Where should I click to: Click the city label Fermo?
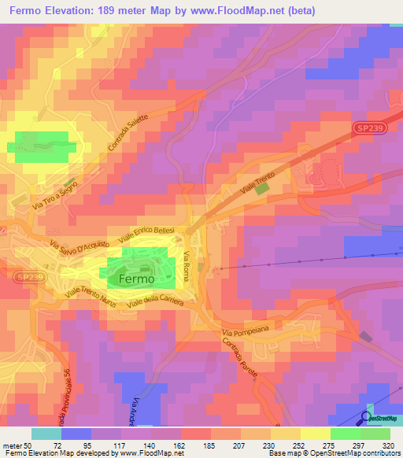point(135,279)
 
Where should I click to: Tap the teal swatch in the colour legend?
point(46,434)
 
